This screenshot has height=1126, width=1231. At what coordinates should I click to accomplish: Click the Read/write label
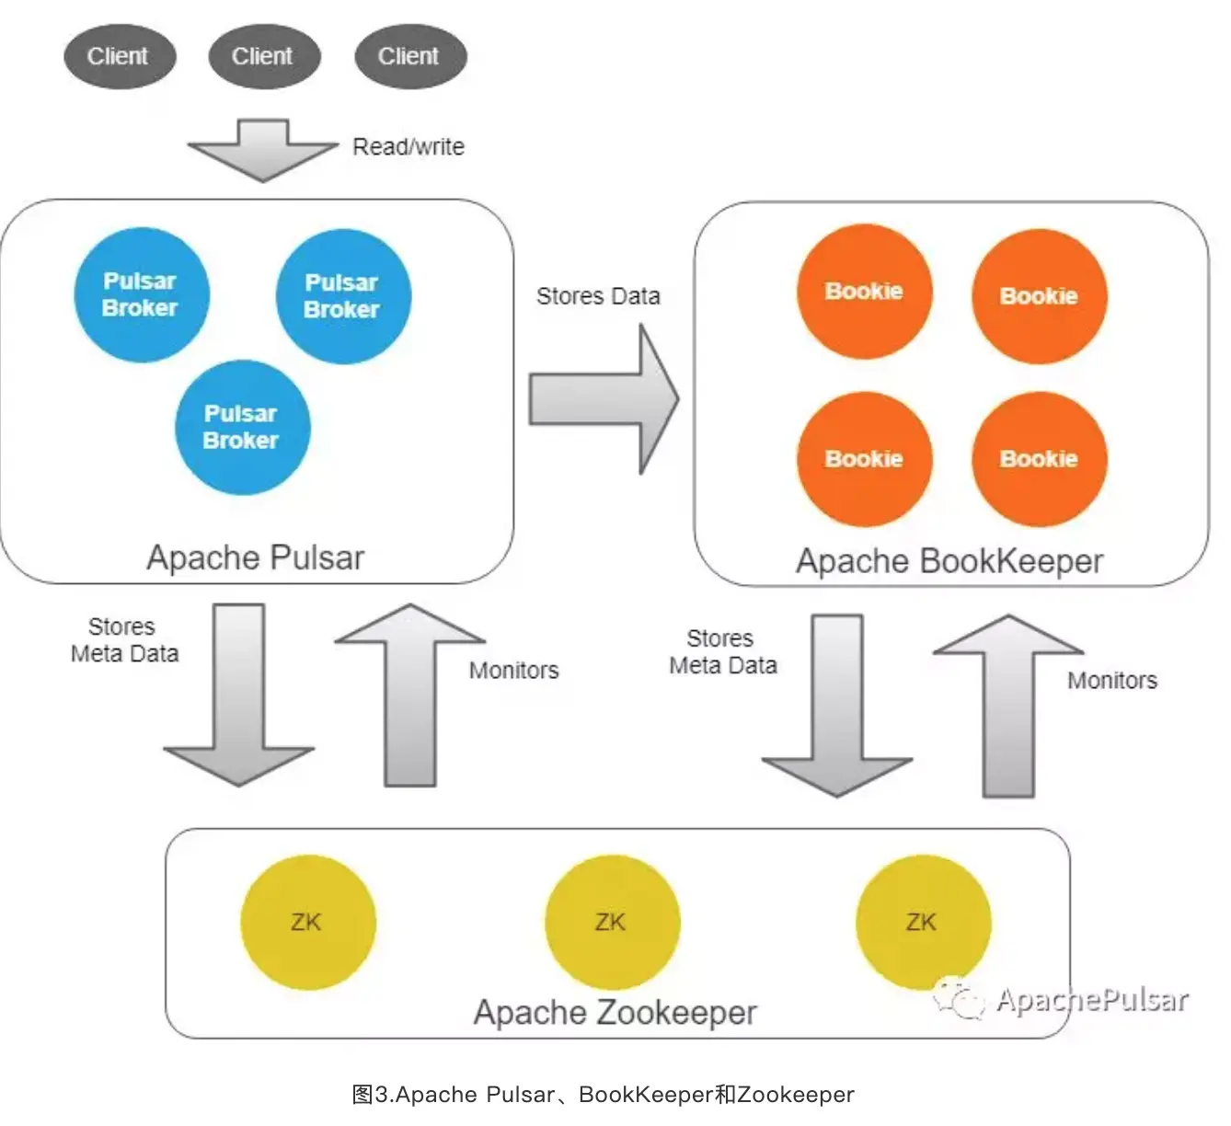408,147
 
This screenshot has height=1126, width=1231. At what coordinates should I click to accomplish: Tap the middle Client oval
264,57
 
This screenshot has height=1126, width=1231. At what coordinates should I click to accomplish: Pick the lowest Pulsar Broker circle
242,428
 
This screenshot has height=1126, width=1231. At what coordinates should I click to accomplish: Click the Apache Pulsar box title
256,558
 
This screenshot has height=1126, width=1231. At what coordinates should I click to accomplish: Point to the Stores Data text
598,296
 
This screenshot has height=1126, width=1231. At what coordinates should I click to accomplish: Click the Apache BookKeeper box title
949,562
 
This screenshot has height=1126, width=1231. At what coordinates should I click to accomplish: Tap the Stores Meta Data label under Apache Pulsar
124,640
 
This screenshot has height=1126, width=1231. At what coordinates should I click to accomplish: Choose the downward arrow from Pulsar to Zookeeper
239,699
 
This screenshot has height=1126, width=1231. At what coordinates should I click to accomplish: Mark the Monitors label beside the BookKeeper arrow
1112,681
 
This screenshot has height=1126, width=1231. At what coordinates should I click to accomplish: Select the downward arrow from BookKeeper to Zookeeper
837,708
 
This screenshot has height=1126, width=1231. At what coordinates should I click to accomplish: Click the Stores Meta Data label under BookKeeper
723,652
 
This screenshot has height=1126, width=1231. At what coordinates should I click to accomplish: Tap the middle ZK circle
612,923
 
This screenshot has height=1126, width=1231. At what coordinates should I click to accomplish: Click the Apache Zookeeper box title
615,1013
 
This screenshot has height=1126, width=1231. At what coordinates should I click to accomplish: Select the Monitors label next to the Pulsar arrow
513,671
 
